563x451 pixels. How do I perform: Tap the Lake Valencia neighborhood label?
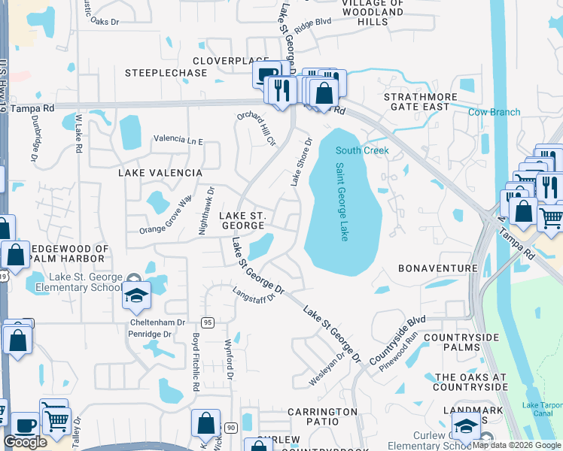coord(160,173)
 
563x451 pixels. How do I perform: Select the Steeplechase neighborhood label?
coord(166,73)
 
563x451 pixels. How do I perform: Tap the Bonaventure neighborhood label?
coord(437,268)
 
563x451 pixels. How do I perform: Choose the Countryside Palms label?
coord(461,343)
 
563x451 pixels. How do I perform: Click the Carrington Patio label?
coord(322,418)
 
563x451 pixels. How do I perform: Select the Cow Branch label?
coord(494,113)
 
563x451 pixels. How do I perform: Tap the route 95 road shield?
coord(208,322)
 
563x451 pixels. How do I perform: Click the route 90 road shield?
coord(230,428)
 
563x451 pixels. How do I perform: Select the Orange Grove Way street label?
coord(168,213)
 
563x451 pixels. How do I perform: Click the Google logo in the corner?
coord(25,442)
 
